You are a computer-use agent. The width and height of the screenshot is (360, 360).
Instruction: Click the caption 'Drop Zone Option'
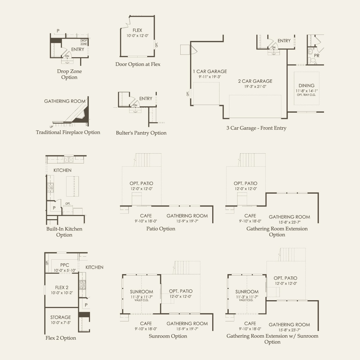coord(69,74)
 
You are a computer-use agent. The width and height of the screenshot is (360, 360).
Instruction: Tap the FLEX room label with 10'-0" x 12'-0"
coord(137,30)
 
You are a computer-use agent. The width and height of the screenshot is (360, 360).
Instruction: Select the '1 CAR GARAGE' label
coord(210,71)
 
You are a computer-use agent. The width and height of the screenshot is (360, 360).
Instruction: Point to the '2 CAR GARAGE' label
coord(255,81)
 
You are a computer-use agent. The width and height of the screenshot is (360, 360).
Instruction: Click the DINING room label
coord(307,86)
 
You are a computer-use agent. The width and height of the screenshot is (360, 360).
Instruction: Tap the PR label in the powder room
coord(317,55)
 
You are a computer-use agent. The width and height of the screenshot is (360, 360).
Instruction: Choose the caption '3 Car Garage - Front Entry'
coord(256,128)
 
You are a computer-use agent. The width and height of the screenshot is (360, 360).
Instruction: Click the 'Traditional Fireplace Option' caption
coord(68,132)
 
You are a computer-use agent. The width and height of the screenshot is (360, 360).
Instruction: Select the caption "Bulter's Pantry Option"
coord(141,133)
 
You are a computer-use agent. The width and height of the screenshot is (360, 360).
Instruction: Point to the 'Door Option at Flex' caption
coord(138,64)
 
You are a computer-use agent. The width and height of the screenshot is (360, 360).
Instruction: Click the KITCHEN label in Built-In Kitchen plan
coord(62,170)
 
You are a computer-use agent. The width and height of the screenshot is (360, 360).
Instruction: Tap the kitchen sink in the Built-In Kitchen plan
coord(69,160)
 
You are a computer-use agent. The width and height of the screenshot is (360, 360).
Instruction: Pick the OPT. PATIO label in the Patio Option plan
coord(141,183)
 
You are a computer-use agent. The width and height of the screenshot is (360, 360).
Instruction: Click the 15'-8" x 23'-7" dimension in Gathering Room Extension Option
coord(289,222)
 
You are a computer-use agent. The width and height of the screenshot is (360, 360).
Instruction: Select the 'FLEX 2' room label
coord(62,287)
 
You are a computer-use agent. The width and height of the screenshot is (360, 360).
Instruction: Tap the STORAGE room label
coord(61,317)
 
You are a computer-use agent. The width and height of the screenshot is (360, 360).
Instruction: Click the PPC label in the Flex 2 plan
coord(65,265)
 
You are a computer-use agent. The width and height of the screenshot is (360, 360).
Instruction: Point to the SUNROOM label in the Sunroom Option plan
coord(141,292)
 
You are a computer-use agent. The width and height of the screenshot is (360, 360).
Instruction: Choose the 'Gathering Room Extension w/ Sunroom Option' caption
coord(272,339)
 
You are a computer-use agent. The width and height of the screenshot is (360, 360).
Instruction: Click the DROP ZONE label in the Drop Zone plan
coord(84,42)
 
